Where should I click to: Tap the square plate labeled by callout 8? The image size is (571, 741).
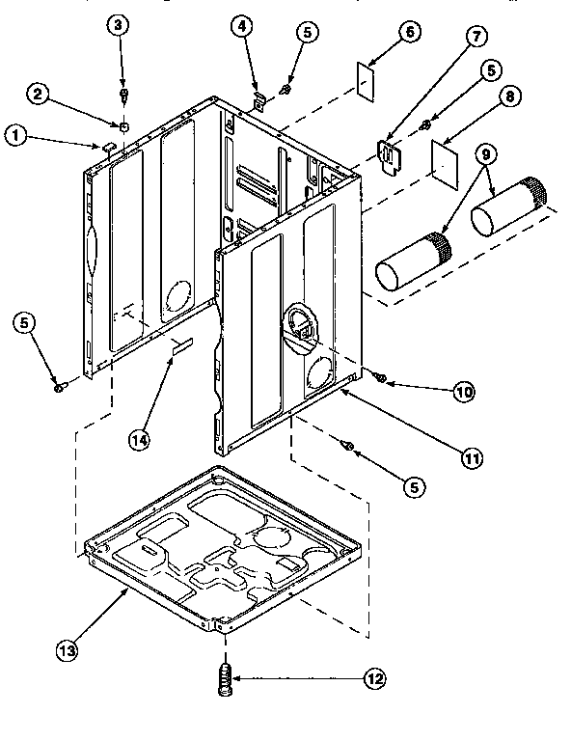pyautogui.click(x=445, y=159)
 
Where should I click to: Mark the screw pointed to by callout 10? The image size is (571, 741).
pyautogui.click(x=382, y=376)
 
